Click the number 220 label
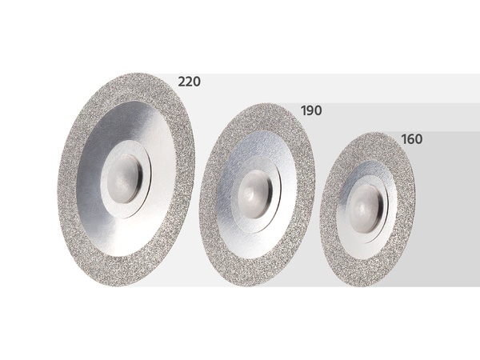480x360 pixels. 189,82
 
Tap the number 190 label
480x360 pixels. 311,110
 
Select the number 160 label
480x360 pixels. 412,139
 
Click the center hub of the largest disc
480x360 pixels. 125,179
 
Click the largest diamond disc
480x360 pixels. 126,179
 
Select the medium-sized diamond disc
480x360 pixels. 257,194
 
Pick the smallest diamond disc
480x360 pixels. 367,210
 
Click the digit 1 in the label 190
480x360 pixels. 304,110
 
